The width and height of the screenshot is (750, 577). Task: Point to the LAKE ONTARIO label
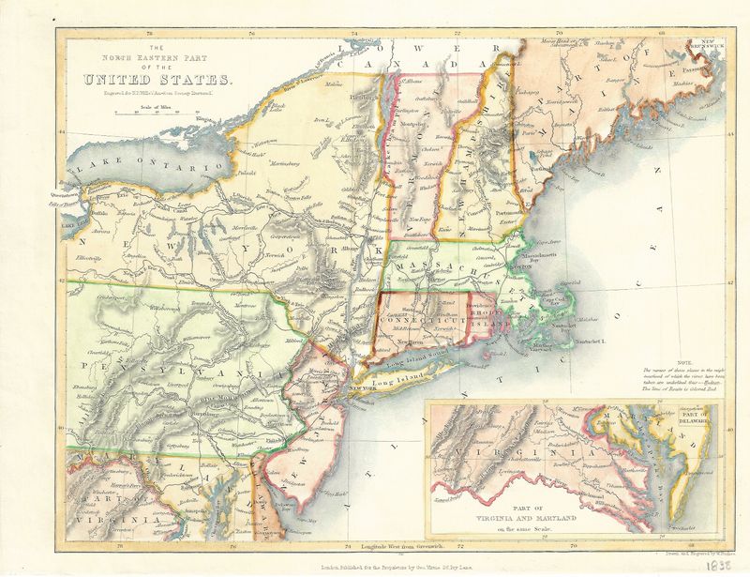[140, 168]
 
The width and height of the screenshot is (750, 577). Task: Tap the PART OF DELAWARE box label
[695, 419]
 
